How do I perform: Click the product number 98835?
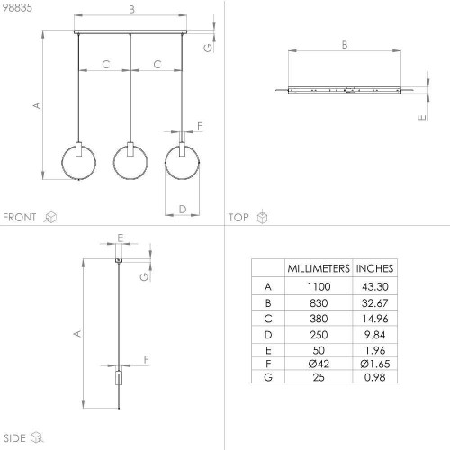coord(17,8)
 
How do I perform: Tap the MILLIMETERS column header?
coord(319,268)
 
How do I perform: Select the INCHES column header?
coord(374,268)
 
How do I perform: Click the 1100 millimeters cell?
coord(319,286)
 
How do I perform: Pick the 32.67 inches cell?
coord(374,303)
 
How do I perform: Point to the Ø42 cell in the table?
coord(319,364)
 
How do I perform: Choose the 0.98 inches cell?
coord(374,377)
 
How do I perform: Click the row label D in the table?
coord(268,335)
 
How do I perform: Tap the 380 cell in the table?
coord(319,319)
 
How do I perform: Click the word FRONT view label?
coord(20,217)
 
